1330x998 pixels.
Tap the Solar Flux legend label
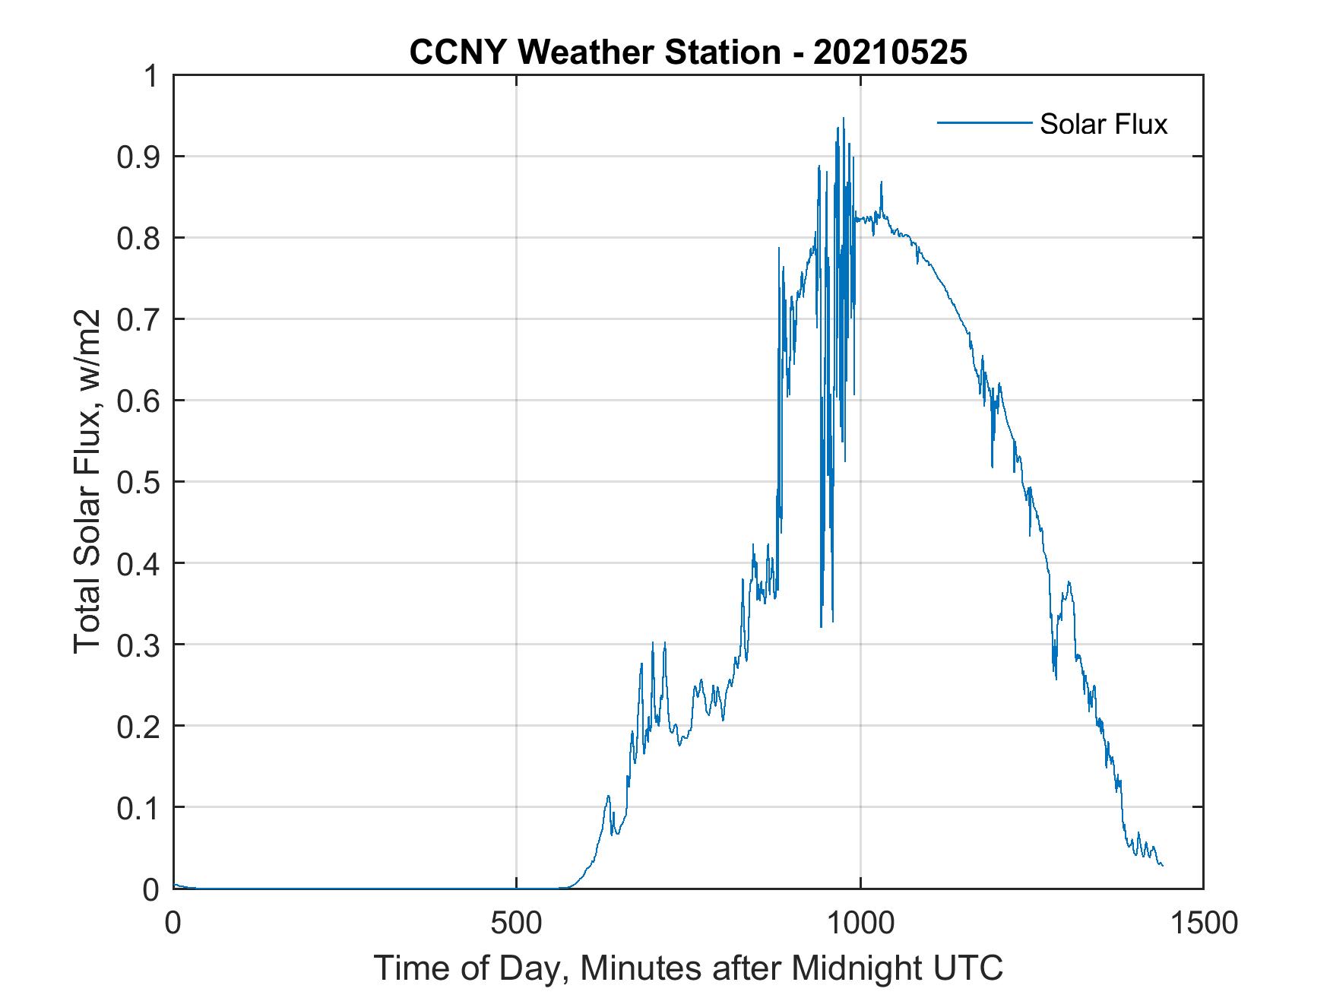pos(1103,124)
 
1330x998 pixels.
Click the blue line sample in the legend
pos(983,122)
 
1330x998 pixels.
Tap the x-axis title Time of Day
pos(688,968)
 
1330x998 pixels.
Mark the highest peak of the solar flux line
pos(843,119)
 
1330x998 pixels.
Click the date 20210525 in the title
pos(890,52)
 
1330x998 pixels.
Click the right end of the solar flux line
pos(1162,865)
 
